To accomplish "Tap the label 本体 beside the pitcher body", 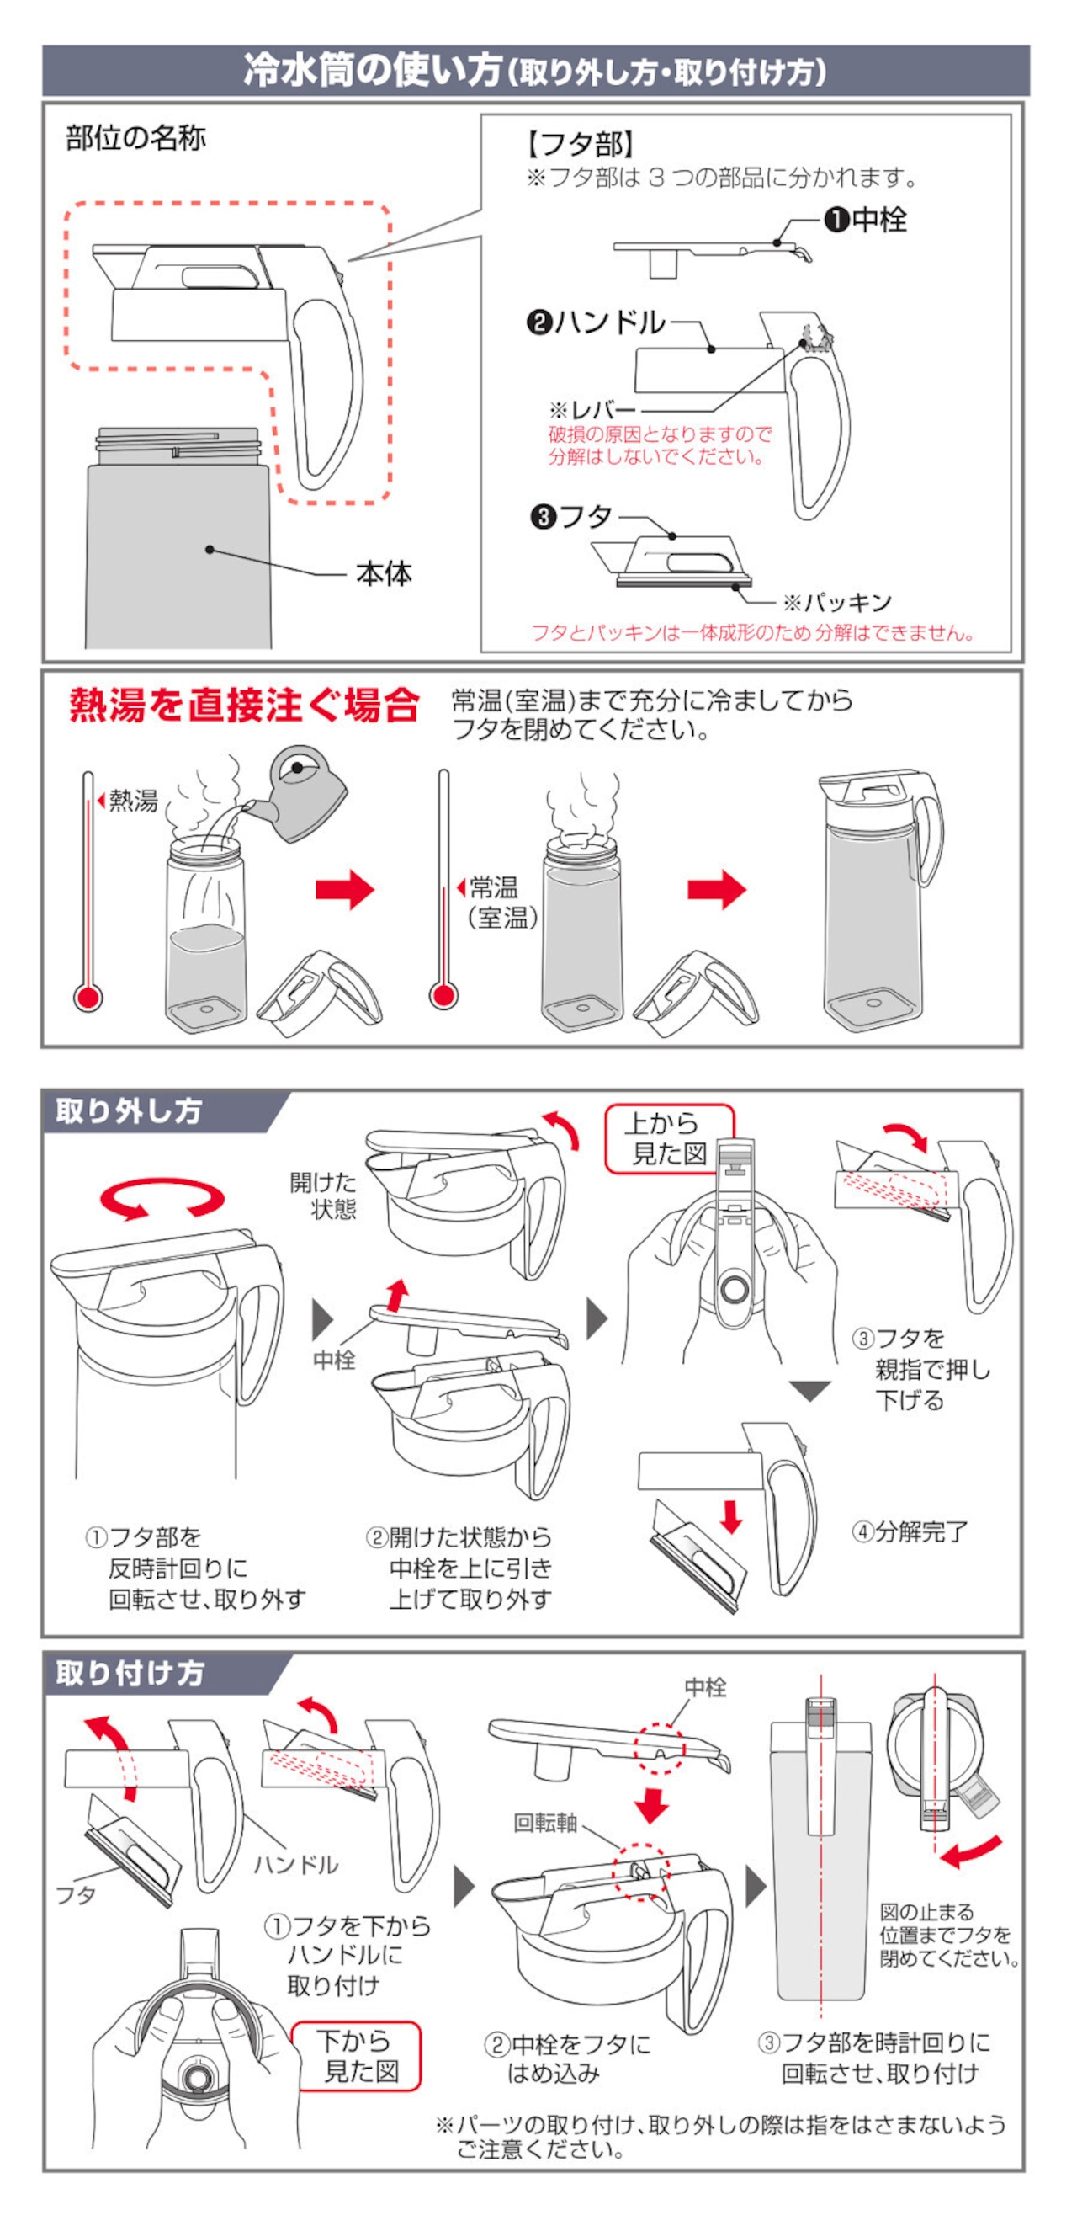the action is pos(385,574).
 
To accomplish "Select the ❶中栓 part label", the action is pos(866,221).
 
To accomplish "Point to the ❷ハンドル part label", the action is pos(596,323).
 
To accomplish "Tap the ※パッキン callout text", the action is pos(837,602).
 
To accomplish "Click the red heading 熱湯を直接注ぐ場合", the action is pos(244,706).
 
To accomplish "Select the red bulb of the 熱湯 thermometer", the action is pos(88,998).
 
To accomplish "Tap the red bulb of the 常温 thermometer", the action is pos(443,996).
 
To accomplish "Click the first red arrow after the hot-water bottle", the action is pos(345,889).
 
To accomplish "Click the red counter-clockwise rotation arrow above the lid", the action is pos(162,1200).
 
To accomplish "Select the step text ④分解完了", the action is pos(910,1532).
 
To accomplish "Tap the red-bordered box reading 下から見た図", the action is pos(358,2057).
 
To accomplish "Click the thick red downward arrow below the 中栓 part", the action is pos(651,1803).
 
